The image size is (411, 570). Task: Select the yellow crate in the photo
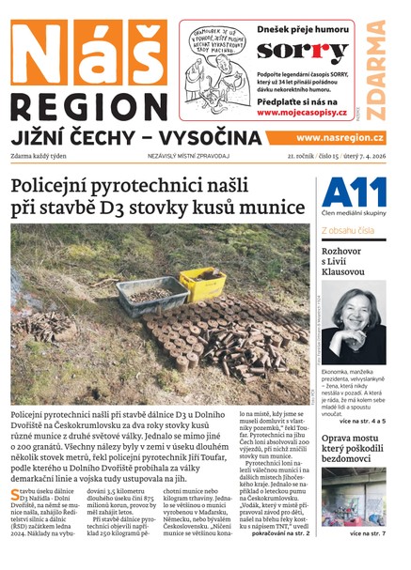point(203,285)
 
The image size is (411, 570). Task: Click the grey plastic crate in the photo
point(153,294)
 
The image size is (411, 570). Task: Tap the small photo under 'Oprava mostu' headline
point(353,498)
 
